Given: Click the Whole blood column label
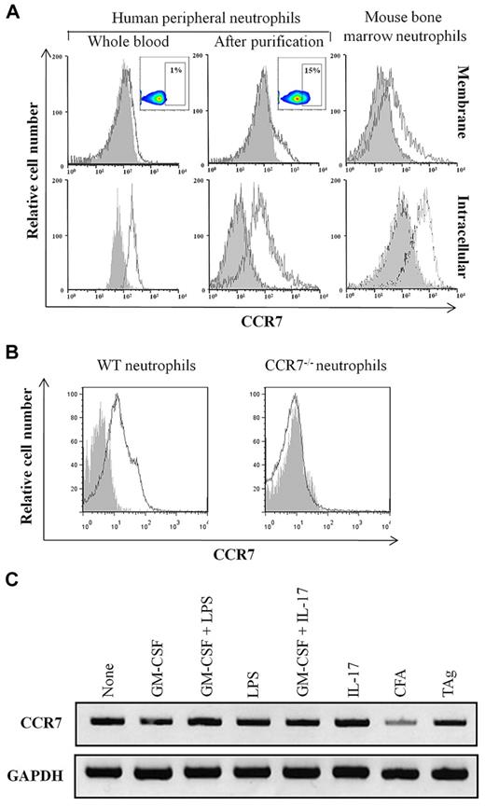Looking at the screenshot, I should pos(120,41).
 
